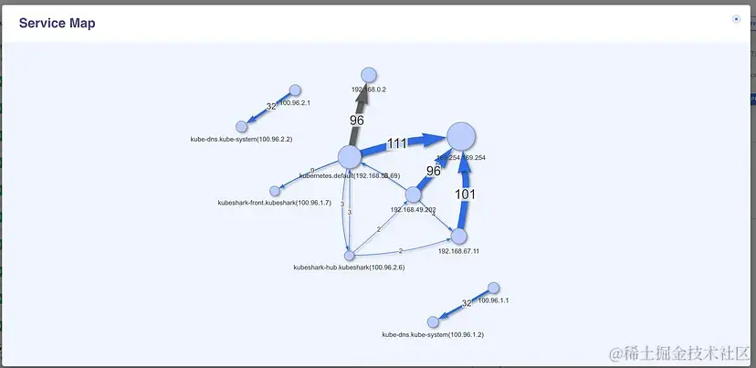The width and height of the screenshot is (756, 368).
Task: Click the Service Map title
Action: (x=57, y=23)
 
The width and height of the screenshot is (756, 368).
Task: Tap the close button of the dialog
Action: (x=736, y=18)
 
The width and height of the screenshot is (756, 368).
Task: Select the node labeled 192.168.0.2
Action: (x=369, y=75)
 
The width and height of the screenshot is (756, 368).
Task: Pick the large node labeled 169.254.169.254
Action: (x=461, y=136)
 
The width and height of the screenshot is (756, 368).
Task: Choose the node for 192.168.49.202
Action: (x=413, y=195)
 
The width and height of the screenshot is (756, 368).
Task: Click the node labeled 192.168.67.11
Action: (x=459, y=236)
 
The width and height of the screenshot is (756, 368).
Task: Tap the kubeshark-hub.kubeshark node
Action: (x=350, y=256)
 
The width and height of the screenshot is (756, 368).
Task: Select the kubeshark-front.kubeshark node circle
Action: (x=275, y=191)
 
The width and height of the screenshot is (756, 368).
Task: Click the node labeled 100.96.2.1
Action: (x=295, y=90)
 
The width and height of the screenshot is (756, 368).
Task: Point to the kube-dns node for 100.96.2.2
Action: (x=242, y=126)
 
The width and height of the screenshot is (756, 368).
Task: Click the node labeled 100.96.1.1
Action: (x=494, y=288)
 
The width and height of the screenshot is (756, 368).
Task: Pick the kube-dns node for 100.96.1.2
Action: (x=433, y=321)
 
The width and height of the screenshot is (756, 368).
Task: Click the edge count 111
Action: (x=396, y=143)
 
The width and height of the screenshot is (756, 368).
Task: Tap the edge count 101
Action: (x=466, y=195)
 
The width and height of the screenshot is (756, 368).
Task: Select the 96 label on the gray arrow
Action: (x=357, y=120)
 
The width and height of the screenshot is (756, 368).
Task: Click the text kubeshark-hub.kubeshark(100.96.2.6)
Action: (x=349, y=268)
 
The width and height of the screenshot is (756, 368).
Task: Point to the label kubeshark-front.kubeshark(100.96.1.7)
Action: (x=274, y=202)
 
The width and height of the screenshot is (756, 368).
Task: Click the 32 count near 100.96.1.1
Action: (x=467, y=302)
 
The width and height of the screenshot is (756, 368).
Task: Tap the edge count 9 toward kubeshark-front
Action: (x=312, y=171)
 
